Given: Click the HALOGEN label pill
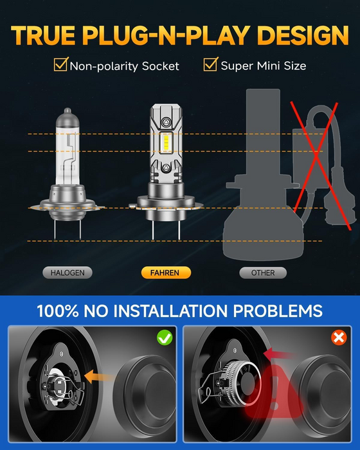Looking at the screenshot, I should click(67, 273).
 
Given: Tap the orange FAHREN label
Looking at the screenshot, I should click(165, 273).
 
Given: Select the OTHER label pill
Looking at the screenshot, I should click(263, 273).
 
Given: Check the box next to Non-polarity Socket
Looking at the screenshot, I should click(61, 64).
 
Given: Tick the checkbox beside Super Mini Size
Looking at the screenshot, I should click(211, 64).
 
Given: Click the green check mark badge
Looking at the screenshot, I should click(165, 337).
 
